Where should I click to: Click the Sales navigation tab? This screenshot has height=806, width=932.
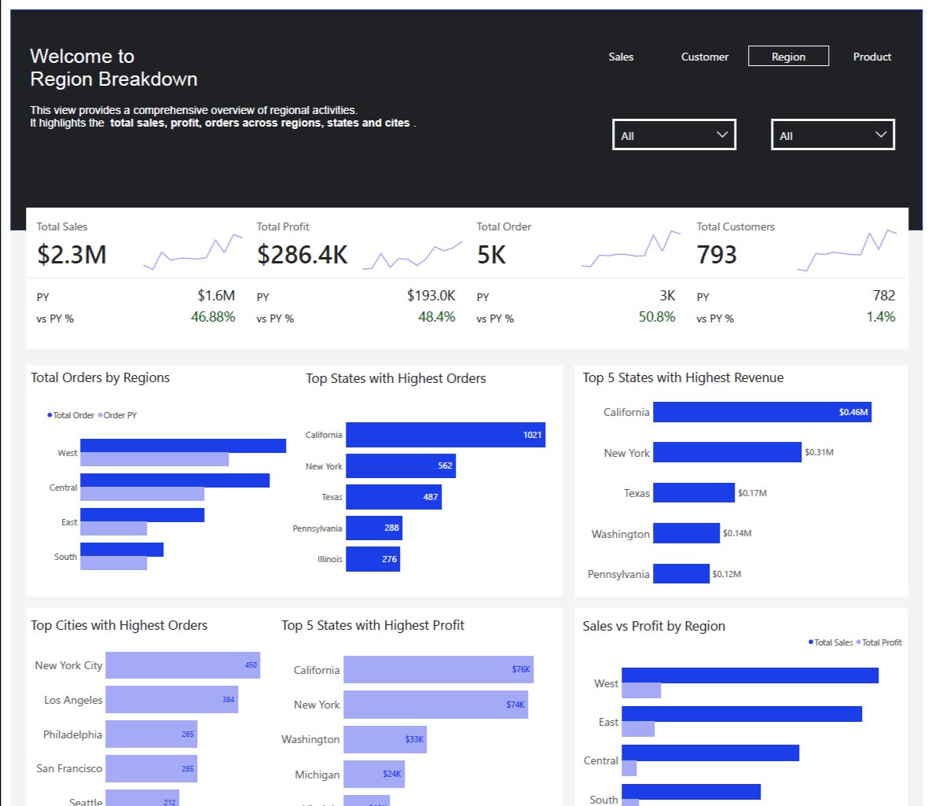pos(621,57)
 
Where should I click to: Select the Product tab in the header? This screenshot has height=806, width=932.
pos(871,57)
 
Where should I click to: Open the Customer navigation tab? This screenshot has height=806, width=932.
pos(704,57)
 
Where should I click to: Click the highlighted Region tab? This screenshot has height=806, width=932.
pos(788,57)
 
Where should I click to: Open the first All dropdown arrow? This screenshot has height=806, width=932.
pos(722,134)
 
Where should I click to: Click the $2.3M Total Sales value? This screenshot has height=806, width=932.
pos(72,255)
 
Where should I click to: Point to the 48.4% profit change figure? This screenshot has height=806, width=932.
pos(437,317)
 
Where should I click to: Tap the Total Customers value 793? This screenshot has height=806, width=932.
pos(717,255)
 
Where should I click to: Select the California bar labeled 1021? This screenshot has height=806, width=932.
pos(445,435)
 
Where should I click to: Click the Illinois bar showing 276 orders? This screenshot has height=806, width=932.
pos(372,559)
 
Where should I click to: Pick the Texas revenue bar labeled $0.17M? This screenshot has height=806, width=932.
pos(693,493)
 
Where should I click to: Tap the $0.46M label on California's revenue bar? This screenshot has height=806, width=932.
pos(853,412)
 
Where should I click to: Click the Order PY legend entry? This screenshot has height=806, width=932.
pos(119,415)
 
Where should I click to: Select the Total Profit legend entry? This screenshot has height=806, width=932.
pos(881,642)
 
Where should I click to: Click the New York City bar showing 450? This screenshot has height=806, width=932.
pos(182,665)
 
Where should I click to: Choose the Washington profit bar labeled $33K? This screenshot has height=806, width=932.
pos(384,739)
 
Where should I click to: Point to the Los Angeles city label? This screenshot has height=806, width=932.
pos(73,700)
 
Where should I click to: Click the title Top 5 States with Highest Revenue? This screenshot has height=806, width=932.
pos(683,377)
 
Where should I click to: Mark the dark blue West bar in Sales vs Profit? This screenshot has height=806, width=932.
pos(750,675)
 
